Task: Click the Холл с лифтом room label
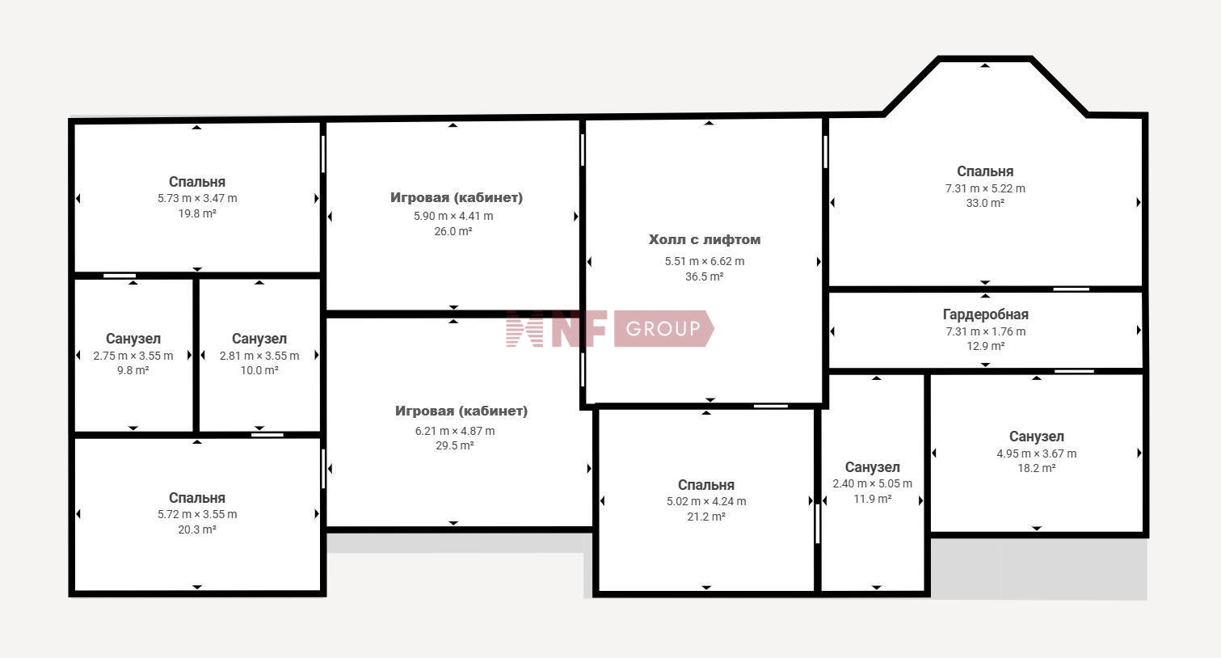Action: point(705,239)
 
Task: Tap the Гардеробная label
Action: point(986,314)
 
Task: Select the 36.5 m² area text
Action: point(705,276)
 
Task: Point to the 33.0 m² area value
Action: point(985,203)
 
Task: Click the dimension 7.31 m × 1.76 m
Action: point(986,331)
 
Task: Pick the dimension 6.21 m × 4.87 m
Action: point(455,431)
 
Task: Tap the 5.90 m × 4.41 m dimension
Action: point(453,216)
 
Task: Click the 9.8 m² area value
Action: point(133,370)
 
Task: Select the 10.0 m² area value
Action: point(259,370)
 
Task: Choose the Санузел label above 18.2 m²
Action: point(1036,437)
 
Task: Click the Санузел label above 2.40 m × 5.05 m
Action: point(872,466)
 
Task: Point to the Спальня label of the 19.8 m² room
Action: point(197,182)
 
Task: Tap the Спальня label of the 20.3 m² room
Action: point(197,498)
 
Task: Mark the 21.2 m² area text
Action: point(706,517)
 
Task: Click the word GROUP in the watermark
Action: point(663,329)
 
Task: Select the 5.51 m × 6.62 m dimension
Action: point(705,261)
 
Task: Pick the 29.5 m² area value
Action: point(455,445)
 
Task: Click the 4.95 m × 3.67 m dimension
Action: point(1036,453)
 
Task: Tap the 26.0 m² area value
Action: point(453,231)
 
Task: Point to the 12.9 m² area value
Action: point(986,346)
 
